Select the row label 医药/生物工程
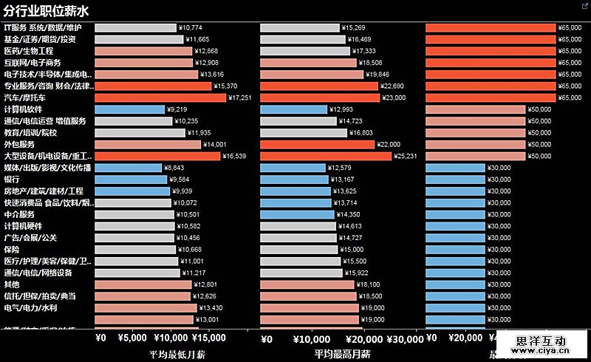29,51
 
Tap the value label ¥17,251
239,98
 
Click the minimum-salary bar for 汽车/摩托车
160,98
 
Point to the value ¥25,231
409,156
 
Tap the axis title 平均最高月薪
342,355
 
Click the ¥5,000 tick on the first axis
133,339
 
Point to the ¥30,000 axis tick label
406,339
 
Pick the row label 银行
12,180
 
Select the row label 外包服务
20,144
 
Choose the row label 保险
12,250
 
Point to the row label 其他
12,284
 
